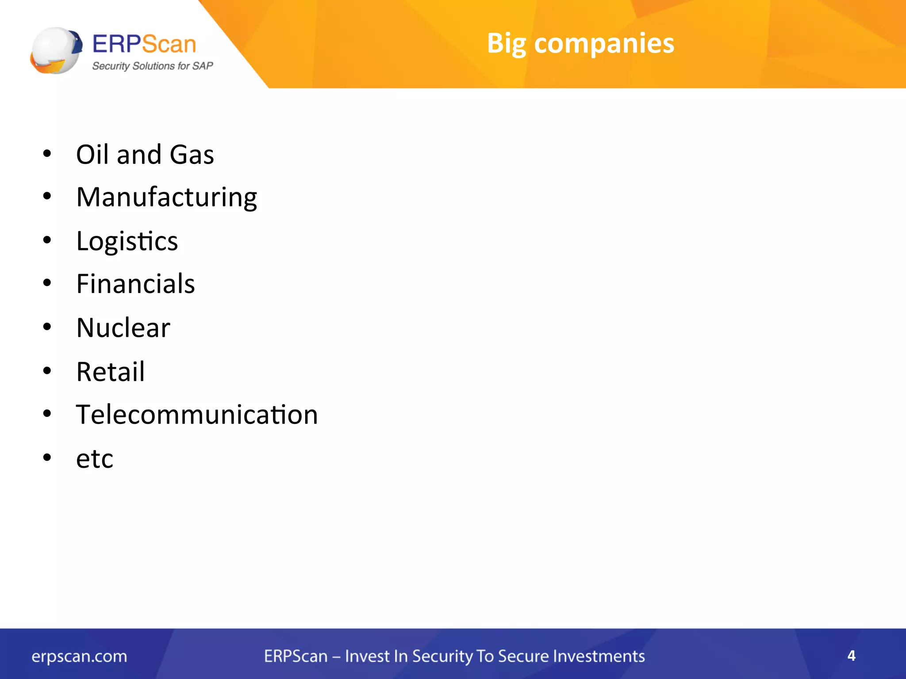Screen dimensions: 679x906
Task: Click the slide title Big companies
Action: pyautogui.click(x=580, y=43)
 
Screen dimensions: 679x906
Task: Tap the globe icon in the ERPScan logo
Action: pyautogui.click(x=56, y=50)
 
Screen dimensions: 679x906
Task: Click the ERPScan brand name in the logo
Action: pyautogui.click(x=144, y=44)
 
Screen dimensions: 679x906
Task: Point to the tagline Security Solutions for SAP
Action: pyautogui.click(x=152, y=66)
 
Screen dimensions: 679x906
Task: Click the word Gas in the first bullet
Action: pyautogui.click(x=192, y=154)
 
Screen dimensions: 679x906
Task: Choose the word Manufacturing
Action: pyautogui.click(x=166, y=197)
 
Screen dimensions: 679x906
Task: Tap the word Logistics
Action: pyautogui.click(x=127, y=241)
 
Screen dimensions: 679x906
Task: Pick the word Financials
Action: pyautogui.click(x=135, y=284)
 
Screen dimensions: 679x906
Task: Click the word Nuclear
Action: pyautogui.click(x=123, y=328)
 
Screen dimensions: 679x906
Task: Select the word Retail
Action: pyautogui.click(x=110, y=371)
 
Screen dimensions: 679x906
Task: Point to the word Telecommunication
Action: pyautogui.click(x=197, y=415)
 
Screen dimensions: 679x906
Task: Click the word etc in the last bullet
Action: pyautogui.click(x=94, y=459)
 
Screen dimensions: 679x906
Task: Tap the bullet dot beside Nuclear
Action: pyautogui.click(x=47, y=327)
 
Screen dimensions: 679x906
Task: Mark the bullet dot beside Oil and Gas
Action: pyautogui.click(x=47, y=154)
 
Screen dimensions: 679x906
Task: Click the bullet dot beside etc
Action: pyautogui.click(x=47, y=458)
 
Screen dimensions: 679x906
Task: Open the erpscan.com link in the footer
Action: pyautogui.click(x=79, y=656)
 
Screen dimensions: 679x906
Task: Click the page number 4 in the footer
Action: pyautogui.click(x=851, y=655)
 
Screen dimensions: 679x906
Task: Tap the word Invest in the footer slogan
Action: pyautogui.click(x=365, y=656)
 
